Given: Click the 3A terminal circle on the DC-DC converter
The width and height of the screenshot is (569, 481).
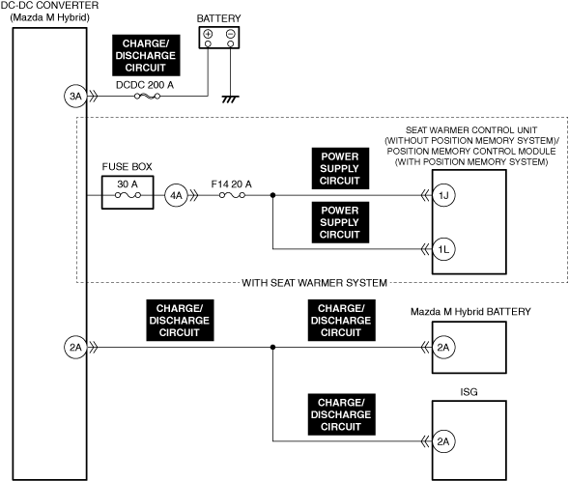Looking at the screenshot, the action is (75, 97).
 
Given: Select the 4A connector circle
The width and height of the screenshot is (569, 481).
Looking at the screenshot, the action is (176, 195).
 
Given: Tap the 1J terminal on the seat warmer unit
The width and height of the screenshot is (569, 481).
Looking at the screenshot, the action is (443, 195).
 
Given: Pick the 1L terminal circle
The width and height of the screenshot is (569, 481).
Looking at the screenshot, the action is (443, 249).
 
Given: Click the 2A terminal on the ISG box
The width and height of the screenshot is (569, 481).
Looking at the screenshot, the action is (443, 441).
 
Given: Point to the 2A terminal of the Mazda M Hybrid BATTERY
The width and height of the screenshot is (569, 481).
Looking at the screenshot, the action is (443, 347).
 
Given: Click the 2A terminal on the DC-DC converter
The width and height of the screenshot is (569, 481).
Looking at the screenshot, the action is (75, 347).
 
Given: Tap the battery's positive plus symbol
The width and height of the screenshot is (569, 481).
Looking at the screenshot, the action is (208, 34).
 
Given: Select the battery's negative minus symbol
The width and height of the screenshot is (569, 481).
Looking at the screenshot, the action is (231, 34).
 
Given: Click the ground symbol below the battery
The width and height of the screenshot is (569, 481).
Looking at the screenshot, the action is (231, 99).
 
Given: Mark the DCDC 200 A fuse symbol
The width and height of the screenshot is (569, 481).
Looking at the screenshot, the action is (147, 97).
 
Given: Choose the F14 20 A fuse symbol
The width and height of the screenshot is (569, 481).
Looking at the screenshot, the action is (232, 195).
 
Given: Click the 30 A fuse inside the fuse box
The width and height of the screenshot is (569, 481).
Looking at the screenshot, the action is (128, 195).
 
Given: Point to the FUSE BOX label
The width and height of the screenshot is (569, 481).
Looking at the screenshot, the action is (127, 166).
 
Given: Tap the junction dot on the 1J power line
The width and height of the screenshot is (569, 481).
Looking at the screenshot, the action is (272, 195).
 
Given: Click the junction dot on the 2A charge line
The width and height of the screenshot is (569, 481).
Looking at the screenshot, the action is (272, 347).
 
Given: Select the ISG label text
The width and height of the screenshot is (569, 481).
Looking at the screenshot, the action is (469, 392).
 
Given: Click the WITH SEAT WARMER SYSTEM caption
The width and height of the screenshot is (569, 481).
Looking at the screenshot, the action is (314, 283).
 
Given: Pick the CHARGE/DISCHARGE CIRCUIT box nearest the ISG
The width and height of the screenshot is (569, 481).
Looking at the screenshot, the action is (341, 414).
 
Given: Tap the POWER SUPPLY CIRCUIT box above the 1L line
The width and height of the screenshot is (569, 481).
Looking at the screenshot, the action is (340, 222).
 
